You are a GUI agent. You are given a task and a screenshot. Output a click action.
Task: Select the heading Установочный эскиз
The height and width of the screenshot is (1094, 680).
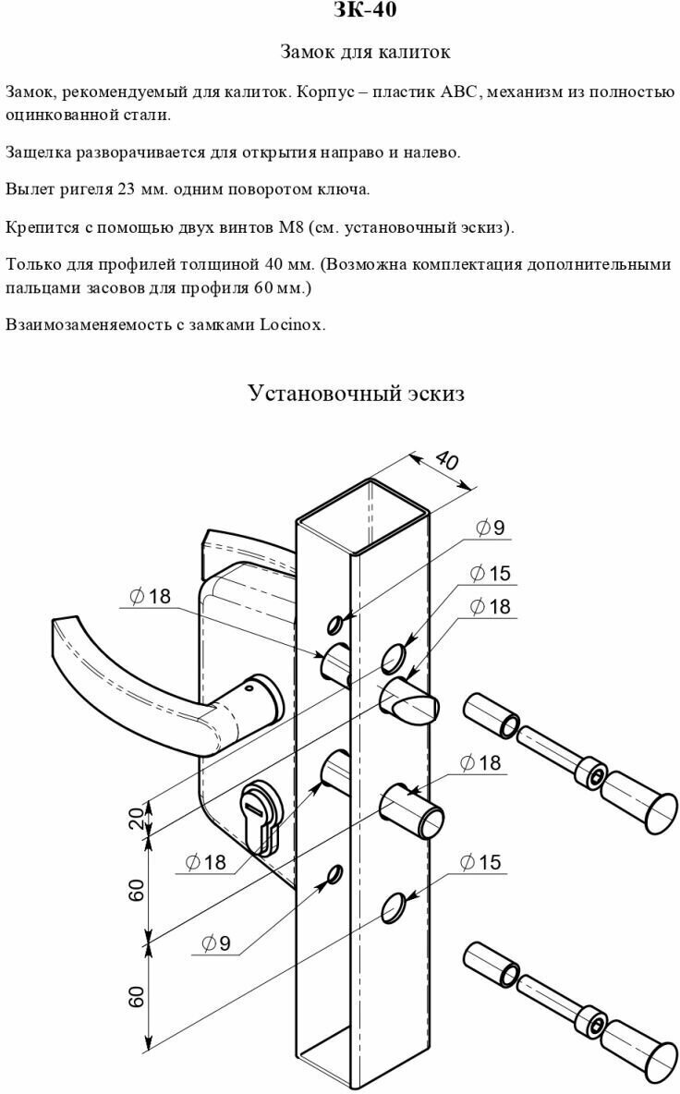coord(356,394)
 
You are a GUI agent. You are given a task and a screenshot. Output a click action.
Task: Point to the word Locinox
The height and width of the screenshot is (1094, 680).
coord(293,324)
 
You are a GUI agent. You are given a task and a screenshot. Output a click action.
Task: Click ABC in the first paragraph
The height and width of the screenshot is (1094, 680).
coord(459,91)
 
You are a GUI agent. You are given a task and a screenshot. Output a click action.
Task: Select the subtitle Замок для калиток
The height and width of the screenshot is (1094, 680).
coord(365,53)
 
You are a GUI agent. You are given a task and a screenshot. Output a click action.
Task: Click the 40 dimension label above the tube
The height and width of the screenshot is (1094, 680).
coord(445,461)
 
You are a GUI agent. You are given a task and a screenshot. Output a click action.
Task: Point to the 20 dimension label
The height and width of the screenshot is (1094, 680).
coord(136,818)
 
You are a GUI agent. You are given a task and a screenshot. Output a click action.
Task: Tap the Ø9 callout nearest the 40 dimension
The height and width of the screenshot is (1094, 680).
coord(490,528)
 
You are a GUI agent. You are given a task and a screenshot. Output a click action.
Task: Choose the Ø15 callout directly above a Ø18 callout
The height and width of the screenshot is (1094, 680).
coord(490,574)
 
